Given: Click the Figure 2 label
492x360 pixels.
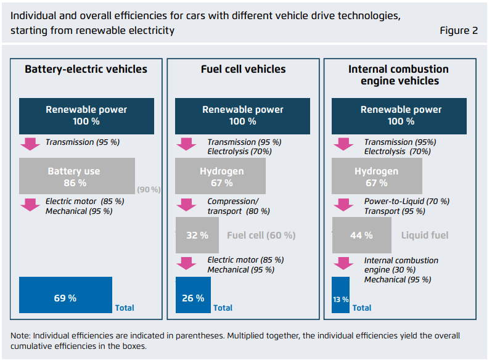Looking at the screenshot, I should point(459,31).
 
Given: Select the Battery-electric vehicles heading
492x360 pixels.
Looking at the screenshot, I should point(86,69).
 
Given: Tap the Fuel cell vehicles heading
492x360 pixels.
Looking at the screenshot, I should point(244,69).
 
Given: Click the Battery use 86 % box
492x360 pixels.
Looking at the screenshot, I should point(77,176).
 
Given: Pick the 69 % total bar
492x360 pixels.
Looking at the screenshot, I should point(65,298).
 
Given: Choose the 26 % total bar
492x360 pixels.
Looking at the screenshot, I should point(193,298).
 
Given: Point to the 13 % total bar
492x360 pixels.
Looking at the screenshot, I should point(341,298).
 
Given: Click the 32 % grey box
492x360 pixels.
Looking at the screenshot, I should point(197,235).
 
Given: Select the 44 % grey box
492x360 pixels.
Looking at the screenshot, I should point(361,235).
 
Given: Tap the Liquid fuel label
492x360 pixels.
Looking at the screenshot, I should point(425,235).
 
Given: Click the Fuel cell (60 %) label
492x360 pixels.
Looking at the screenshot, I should point(261,235).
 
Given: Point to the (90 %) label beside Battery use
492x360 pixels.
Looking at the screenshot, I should point(149,190).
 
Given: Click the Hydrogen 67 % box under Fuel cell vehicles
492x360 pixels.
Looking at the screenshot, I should point(221,176).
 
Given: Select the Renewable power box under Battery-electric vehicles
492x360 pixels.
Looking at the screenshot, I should point(86,115).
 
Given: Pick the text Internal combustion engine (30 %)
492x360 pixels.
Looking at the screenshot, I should point(401,265).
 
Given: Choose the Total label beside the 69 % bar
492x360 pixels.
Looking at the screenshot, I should point(125,308).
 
